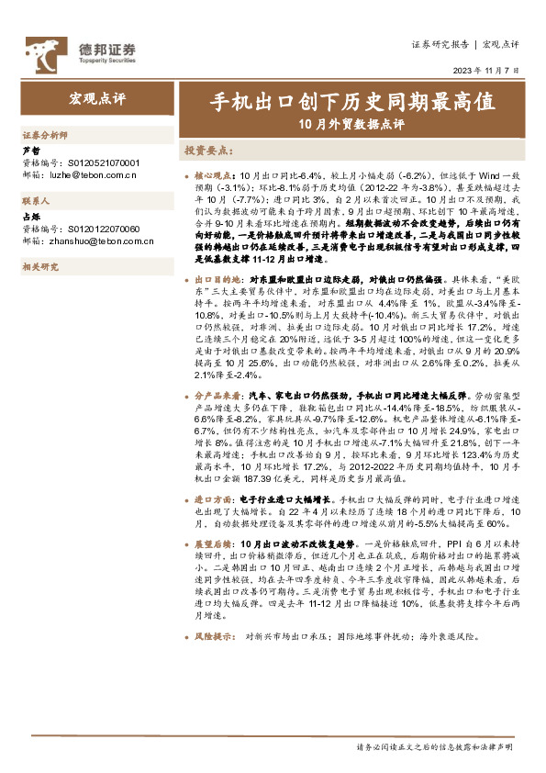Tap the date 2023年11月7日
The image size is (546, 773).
tap(492, 73)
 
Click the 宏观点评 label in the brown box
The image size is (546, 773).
tap(96, 96)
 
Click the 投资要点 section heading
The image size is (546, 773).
tap(206, 150)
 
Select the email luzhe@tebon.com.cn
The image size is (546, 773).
tap(93, 173)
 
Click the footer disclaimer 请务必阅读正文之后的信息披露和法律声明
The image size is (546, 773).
tap(434, 748)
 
